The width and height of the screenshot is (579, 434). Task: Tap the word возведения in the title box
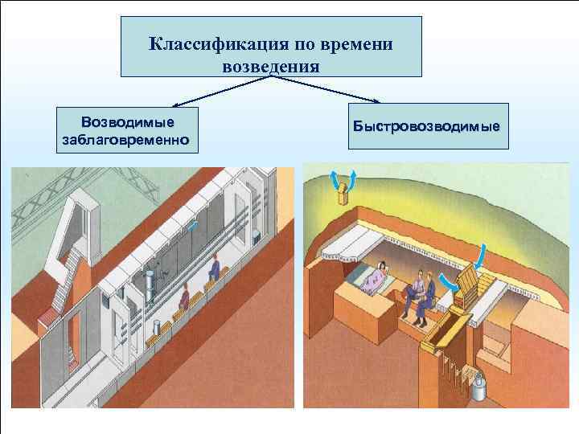click(x=271, y=66)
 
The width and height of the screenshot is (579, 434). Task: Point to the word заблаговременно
click(x=125, y=140)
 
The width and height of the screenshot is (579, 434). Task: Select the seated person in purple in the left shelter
click(x=184, y=300)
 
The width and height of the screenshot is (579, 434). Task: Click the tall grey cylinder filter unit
click(x=149, y=286)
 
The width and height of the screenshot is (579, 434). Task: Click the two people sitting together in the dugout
click(x=421, y=294)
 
